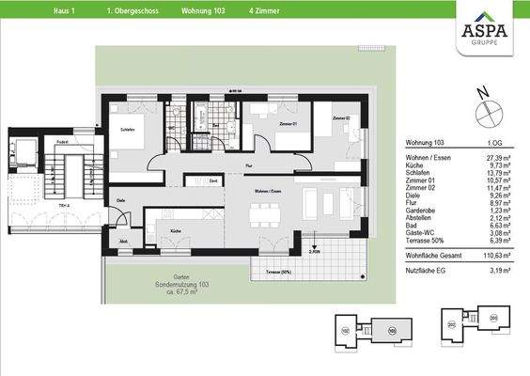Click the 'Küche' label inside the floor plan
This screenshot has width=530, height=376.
(174, 229)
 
